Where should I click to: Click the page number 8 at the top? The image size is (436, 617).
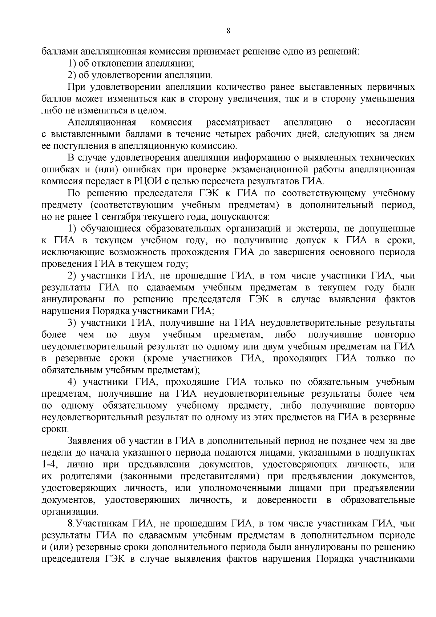point(228,31)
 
